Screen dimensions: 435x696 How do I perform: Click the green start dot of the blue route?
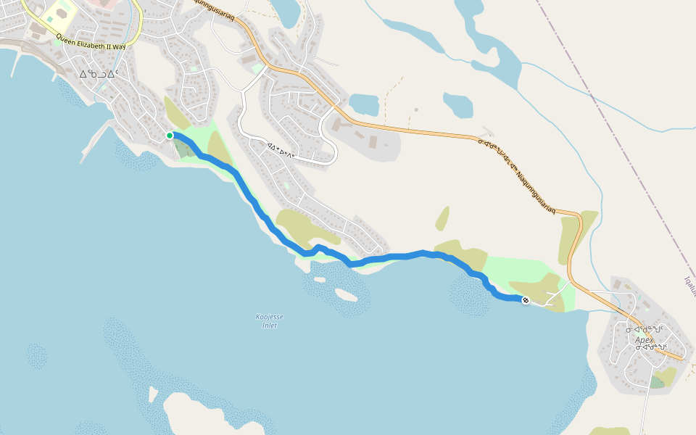[170, 136]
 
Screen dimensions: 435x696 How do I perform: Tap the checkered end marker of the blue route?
[525, 299]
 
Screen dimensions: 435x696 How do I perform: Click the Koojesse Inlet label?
[270, 320]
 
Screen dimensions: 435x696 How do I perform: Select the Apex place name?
[644, 339]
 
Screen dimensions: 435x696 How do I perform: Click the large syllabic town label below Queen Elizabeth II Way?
[99, 73]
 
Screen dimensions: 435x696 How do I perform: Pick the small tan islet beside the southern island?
[153, 394]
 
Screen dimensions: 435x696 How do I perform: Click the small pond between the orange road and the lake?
[457, 104]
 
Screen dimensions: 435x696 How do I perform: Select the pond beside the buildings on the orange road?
[363, 105]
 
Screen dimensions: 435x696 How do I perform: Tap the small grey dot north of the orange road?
[416, 110]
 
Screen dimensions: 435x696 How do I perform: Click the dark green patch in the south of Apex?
[657, 381]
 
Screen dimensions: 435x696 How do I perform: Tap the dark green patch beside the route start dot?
[183, 149]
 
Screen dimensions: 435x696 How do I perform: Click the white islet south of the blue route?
[346, 294]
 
